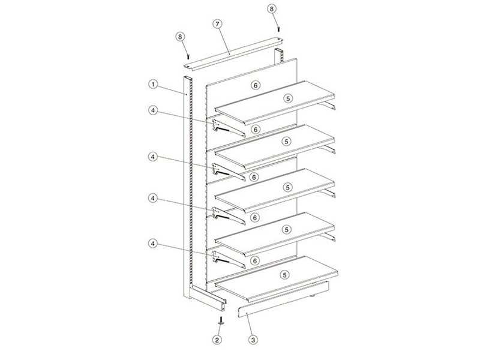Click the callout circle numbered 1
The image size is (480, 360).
[153, 84]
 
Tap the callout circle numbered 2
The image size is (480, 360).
[217, 340]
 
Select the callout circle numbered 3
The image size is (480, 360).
[253, 340]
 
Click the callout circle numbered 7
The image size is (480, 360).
[217, 24]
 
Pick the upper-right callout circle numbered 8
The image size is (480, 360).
[272, 9]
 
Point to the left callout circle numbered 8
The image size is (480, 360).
[181, 37]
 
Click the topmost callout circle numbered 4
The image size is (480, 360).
[153, 110]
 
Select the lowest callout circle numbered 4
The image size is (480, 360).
[153, 244]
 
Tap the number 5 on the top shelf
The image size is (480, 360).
[288, 98]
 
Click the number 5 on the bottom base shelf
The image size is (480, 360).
[284, 275]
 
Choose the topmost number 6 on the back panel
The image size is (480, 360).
[256, 85]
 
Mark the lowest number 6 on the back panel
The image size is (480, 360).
[254, 261]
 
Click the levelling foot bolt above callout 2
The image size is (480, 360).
[221, 320]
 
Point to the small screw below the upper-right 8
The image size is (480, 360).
[278, 29]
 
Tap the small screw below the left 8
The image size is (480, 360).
[188, 57]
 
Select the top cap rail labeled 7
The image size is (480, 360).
[233, 53]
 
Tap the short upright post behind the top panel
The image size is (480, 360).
[279, 56]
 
